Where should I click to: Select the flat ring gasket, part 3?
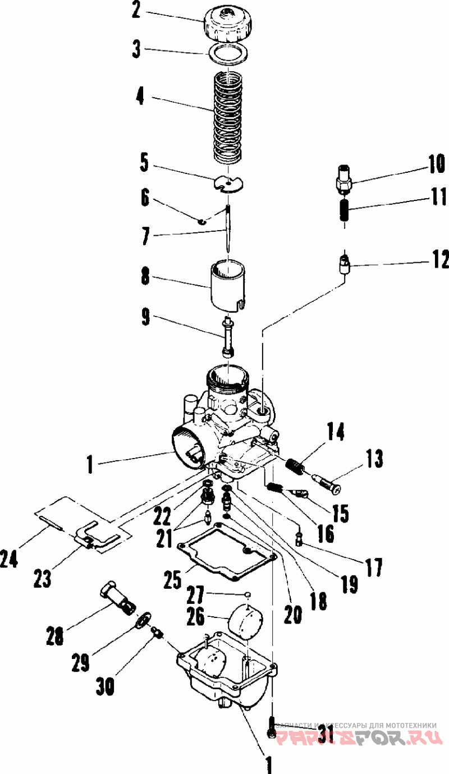229,56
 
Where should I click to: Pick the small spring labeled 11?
344,210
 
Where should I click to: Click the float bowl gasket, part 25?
227,552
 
